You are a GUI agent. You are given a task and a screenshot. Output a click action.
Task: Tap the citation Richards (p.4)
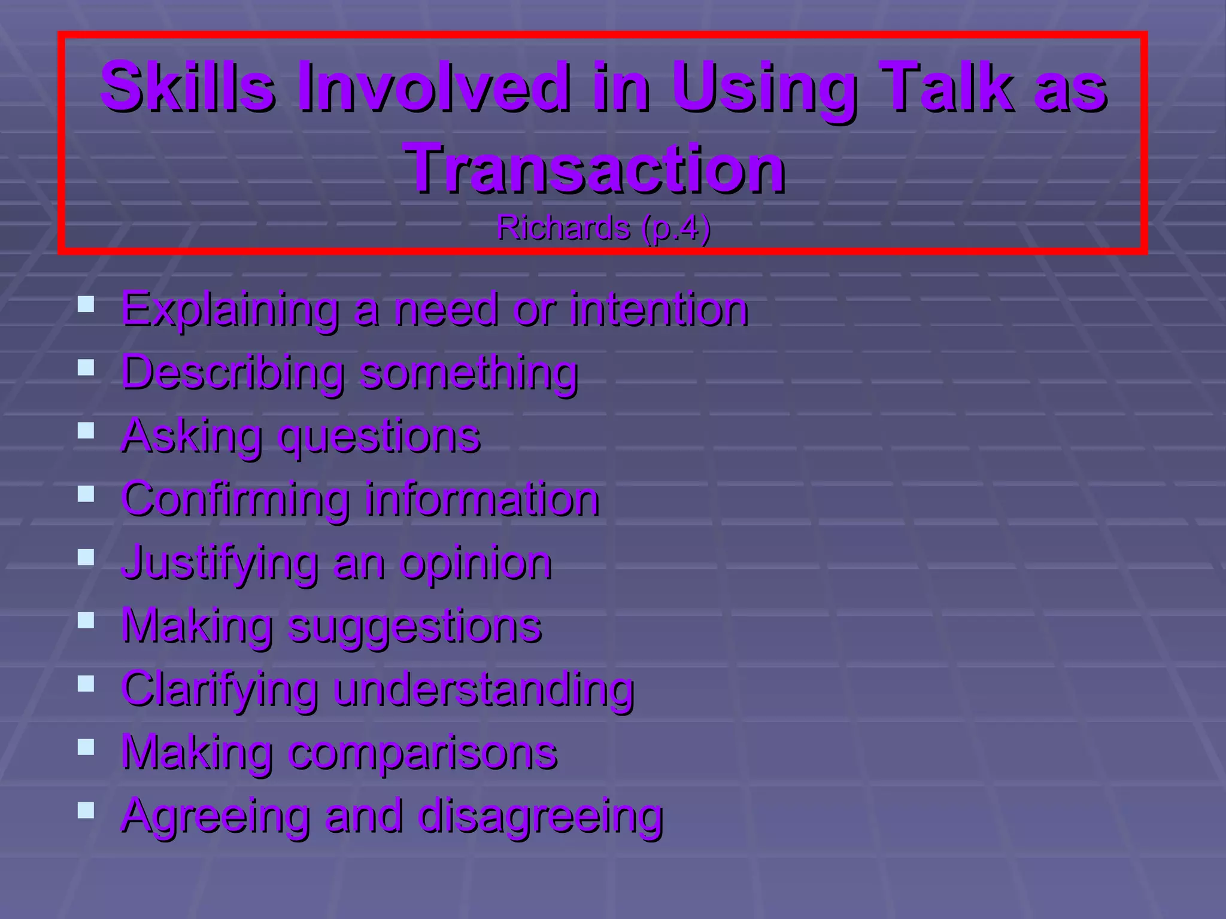(603, 229)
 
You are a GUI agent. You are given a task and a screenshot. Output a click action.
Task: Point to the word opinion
(476, 564)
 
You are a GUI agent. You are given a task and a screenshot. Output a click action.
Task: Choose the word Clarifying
(220, 690)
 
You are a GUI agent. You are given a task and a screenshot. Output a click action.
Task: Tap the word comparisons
(423, 753)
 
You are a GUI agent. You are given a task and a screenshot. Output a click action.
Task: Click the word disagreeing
(541, 816)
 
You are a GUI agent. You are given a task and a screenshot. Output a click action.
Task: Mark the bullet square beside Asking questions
(86, 431)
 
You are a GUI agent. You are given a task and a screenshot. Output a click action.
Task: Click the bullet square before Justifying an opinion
(86, 558)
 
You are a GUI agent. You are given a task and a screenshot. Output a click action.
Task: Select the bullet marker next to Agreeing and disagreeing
(86, 811)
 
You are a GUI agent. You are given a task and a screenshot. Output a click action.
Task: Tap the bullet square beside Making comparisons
(86, 747)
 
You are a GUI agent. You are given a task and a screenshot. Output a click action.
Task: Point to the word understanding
(484, 690)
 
